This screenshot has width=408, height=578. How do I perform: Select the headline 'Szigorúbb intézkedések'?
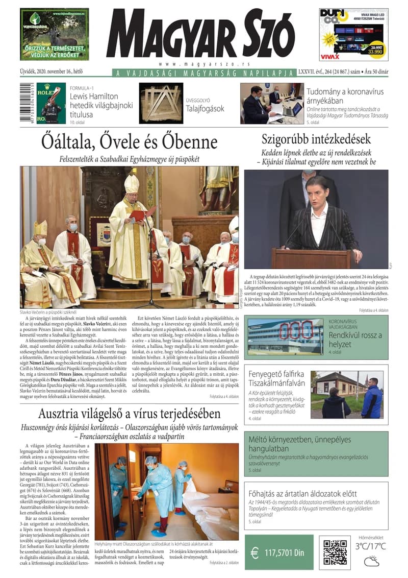click(316, 139)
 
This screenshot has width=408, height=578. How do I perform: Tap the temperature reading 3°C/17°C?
click(371, 547)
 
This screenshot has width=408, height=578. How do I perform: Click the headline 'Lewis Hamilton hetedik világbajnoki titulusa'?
click(101, 104)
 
